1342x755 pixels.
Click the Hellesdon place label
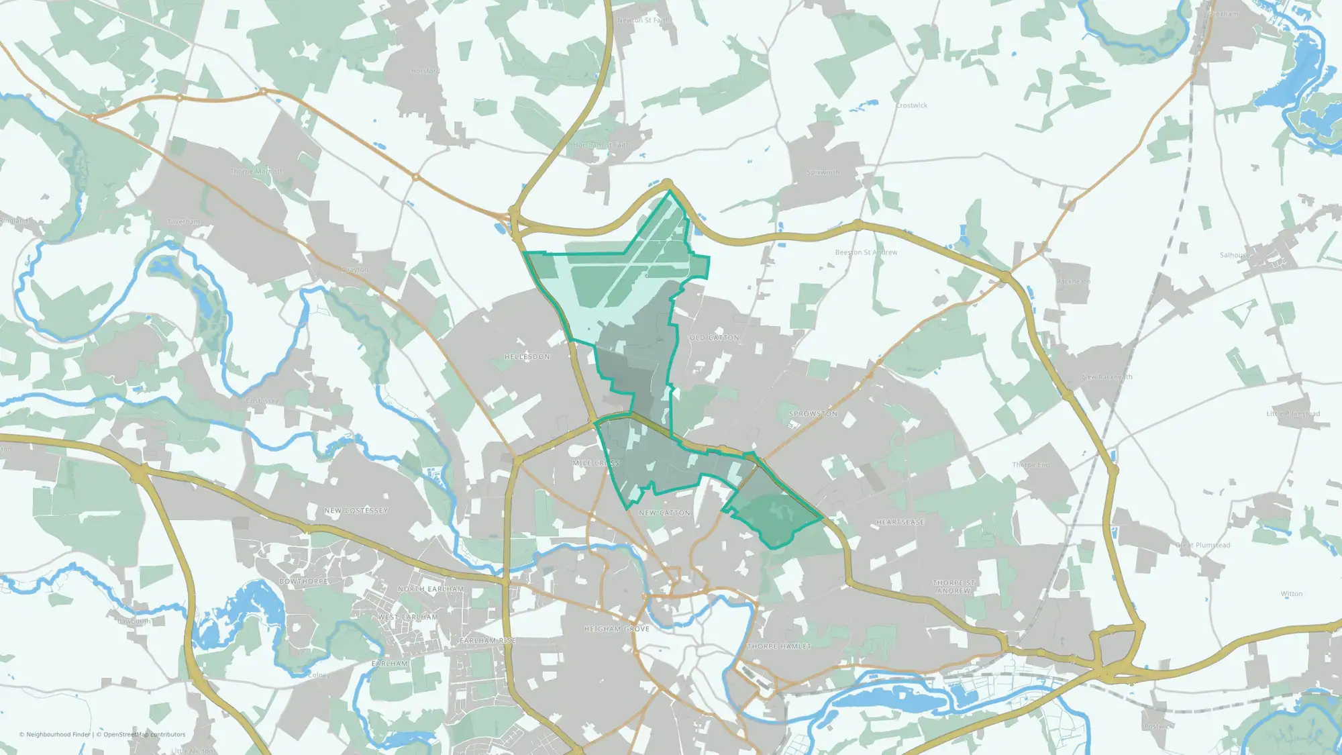coord(527,357)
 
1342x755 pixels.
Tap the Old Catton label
coord(714,338)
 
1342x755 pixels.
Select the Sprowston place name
coord(813,414)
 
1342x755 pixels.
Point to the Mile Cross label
coord(596,464)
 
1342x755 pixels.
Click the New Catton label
coord(664,513)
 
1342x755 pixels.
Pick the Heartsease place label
coord(900,522)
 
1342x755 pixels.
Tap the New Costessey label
coord(356,511)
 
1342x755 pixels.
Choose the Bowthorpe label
coord(303,581)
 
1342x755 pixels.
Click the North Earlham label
coord(430,589)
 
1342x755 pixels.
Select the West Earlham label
coord(408,617)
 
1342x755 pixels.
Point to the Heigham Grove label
coord(617,630)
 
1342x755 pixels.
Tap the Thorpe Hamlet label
coord(779,646)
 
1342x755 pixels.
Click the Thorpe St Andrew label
coord(953,587)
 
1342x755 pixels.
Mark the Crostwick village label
coord(911,105)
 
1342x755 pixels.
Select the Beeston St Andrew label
coord(866,252)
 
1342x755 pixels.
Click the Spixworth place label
coord(823,172)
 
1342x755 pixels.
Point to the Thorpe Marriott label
coord(256,172)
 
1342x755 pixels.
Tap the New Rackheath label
coord(1106,377)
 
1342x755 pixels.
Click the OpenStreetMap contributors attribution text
coord(144,734)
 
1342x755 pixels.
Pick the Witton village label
coord(1291,594)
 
